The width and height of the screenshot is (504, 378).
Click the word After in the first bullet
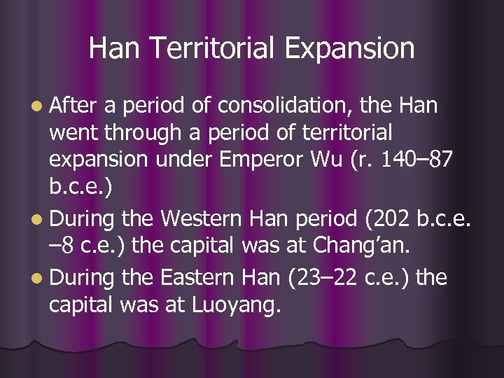(x=76, y=106)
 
